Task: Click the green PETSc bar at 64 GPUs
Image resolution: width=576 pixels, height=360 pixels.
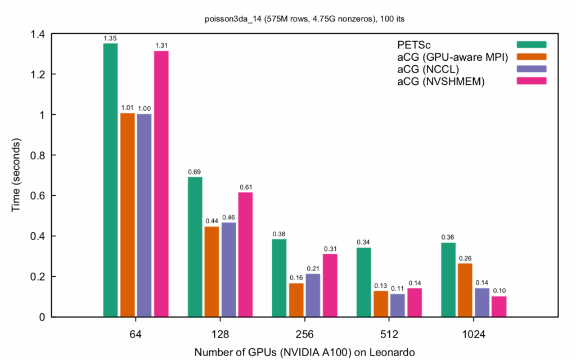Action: click(110, 180)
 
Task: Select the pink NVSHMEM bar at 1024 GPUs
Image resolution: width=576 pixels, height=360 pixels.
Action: click(499, 307)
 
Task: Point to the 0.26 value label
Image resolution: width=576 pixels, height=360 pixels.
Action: click(465, 258)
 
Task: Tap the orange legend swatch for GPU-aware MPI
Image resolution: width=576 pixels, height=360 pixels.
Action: click(532, 56)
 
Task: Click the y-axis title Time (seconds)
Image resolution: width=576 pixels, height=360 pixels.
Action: click(16, 175)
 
